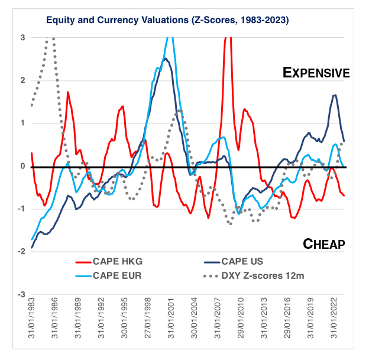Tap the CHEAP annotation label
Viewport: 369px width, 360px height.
click(x=324, y=244)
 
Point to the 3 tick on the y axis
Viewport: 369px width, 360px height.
click(x=22, y=37)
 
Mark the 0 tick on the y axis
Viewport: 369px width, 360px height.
click(x=22, y=166)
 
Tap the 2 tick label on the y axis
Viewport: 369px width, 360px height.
click(x=22, y=80)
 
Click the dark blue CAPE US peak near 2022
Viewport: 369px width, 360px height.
click(x=335, y=95)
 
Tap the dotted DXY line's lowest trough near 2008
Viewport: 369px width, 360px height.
click(x=230, y=223)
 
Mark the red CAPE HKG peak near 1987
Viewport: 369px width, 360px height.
click(x=68, y=92)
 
